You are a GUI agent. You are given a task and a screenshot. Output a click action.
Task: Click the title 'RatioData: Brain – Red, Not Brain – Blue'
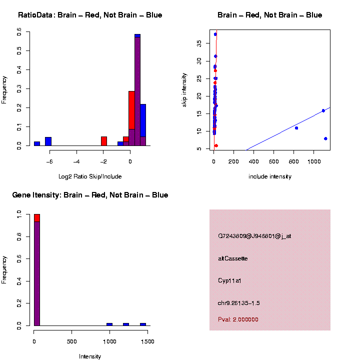pyautogui.click(x=90, y=15)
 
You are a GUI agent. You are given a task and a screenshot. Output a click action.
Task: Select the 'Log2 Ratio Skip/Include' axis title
pyautogui.click(x=90, y=176)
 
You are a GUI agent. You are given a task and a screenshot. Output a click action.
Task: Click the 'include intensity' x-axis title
pyautogui.click(x=270, y=176)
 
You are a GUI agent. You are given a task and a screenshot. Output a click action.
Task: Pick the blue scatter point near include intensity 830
pyautogui.click(x=296, y=128)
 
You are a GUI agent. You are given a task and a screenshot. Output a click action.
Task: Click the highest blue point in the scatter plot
pyautogui.click(x=215, y=34)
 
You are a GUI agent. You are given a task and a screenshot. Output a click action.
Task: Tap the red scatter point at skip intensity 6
pyautogui.click(x=216, y=145)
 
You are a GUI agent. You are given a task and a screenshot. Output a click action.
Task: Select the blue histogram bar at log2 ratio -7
pyautogui.click(x=37, y=143)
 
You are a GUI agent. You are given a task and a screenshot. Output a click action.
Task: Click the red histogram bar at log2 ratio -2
pyautogui.click(x=104, y=141)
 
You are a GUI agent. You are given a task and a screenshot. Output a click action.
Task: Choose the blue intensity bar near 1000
pyautogui.click(x=109, y=324)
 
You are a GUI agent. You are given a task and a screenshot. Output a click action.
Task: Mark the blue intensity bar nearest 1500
pyautogui.click(x=143, y=324)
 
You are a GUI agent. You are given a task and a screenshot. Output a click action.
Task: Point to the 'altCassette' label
pyautogui.click(x=232, y=258)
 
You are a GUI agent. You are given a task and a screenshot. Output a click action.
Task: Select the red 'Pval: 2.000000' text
pyautogui.click(x=238, y=319)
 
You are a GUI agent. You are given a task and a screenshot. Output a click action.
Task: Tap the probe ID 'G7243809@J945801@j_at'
pyautogui.click(x=254, y=236)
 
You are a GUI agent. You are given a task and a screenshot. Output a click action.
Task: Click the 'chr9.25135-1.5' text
pyautogui.click(x=238, y=303)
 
